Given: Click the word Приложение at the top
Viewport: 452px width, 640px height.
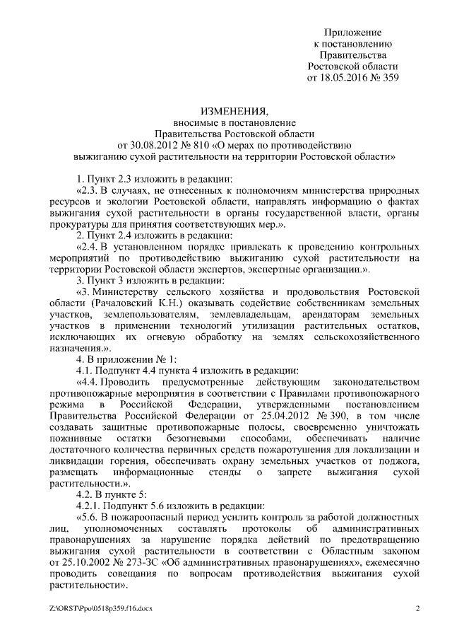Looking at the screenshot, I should point(352,33).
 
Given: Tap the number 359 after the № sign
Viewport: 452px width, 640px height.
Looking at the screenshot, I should point(389,78).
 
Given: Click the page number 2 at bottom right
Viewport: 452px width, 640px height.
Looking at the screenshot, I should point(417,609).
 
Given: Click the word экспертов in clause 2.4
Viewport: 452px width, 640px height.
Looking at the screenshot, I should point(220,269).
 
